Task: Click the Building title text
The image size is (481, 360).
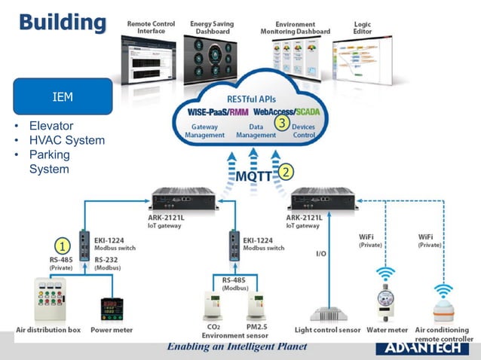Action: (62, 22)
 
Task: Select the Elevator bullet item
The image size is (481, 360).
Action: (51, 126)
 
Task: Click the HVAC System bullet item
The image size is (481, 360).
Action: (66, 140)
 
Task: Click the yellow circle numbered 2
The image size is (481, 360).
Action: (286, 172)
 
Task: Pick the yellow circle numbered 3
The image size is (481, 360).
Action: (282, 123)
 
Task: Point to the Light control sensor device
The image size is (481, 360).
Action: (328, 313)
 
